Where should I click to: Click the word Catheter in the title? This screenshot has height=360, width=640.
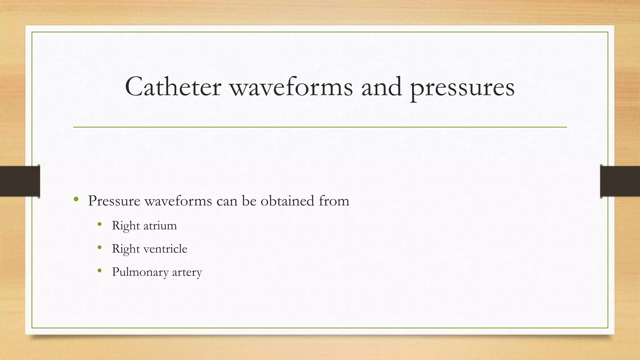pyautogui.click(x=173, y=87)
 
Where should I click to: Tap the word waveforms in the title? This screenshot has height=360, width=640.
pyautogui.click(x=291, y=87)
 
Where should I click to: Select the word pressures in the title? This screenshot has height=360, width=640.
pyautogui.click(x=462, y=88)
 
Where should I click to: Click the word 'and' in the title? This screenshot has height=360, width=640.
pyautogui.click(x=381, y=87)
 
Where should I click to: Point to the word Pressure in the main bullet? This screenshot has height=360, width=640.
pyautogui.click(x=114, y=201)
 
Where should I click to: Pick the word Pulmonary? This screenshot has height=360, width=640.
pyautogui.click(x=140, y=272)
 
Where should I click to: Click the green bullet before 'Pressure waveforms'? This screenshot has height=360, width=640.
pyautogui.click(x=76, y=199)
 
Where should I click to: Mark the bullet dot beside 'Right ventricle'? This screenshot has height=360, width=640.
pyautogui.click(x=100, y=247)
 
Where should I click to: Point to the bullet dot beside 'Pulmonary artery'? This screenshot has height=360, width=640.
pyautogui.click(x=100, y=270)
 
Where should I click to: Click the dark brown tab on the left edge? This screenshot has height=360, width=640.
pyautogui.click(x=20, y=181)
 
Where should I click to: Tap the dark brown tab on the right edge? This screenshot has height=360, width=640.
pyautogui.click(x=620, y=181)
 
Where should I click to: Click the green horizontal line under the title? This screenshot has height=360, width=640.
pyautogui.click(x=320, y=127)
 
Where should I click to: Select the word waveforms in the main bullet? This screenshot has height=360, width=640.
pyautogui.click(x=178, y=201)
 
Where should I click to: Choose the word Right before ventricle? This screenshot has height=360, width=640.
pyautogui.click(x=126, y=249)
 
